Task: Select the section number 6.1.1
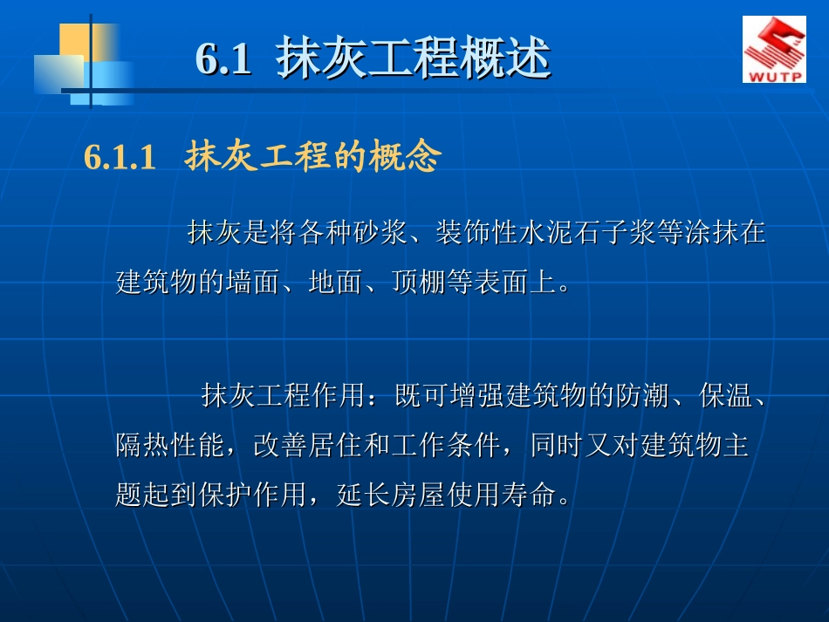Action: [x=120, y=158]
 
